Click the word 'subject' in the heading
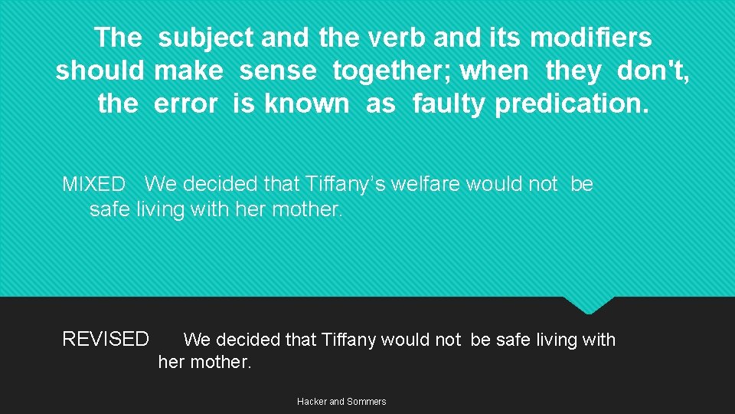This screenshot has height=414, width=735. tap(207, 38)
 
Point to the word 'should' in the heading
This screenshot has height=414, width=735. tap(100, 71)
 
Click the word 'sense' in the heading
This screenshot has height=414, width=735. tap(277, 71)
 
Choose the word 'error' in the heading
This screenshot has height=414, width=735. tap(185, 103)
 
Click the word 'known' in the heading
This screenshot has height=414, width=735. tap(306, 103)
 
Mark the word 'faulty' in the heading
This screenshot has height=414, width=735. tap(448, 103)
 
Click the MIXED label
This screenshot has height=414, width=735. tap(93, 185)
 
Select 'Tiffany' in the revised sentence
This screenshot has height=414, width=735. tap(356, 340)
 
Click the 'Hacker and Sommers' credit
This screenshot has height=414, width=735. tap(341, 402)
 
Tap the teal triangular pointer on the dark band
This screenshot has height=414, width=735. tap(589, 304)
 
